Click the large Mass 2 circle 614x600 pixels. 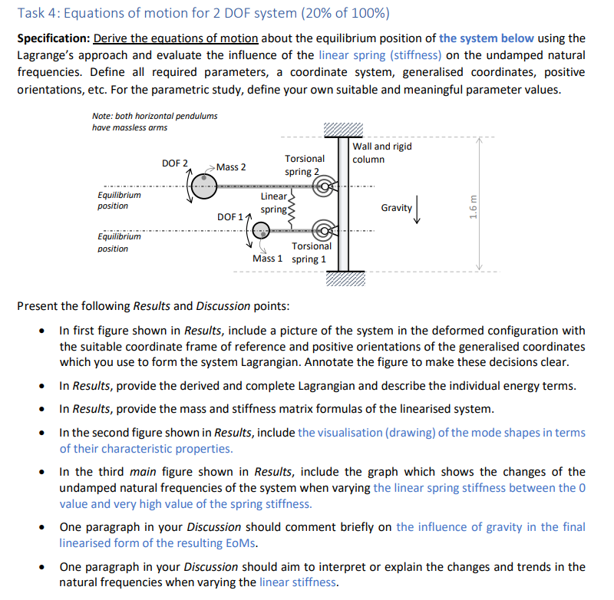click(204, 186)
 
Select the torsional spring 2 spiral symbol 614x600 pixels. click(328, 186)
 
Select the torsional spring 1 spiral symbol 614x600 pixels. click(328, 230)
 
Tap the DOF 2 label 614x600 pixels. click(175, 163)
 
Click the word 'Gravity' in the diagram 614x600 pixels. click(396, 208)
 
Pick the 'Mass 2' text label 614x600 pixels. click(231, 167)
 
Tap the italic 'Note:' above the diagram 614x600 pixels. click(103, 115)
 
